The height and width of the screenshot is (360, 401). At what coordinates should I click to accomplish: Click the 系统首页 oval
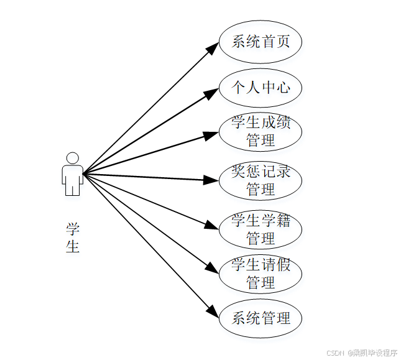tap(260, 42)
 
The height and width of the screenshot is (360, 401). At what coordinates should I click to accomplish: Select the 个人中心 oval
tap(260, 87)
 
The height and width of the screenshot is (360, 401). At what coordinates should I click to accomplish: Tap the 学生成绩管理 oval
tap(260, 132)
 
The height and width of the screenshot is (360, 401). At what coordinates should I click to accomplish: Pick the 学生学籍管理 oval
tap(260, 229)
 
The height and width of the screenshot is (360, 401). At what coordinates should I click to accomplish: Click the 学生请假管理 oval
tap(260, 274)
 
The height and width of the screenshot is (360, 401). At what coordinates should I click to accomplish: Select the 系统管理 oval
tap(260, 318)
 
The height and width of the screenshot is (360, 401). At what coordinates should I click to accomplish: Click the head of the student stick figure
tap(73, 158)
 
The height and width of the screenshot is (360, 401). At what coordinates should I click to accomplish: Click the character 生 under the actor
tap(73, 247)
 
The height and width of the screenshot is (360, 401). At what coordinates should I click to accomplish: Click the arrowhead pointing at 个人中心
tap(213, 93)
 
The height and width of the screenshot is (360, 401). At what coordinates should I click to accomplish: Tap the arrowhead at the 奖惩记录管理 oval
tap(213, 180)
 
